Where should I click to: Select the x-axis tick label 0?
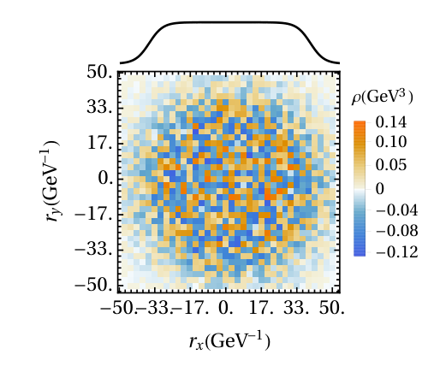pos(226,308)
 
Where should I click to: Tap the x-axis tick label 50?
pos(332,308)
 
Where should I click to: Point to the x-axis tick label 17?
pos(261,308)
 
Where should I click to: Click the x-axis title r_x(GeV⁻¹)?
pos(229,340)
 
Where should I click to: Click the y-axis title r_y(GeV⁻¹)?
pos(50,181)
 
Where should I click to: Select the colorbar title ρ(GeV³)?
pos(383,97)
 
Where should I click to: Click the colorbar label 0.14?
pos(391,122)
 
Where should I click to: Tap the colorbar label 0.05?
pos(391,165)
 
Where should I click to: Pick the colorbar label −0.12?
pos(397,252)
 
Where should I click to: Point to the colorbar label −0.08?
pos(397,231)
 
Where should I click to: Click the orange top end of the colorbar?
pos(360,122)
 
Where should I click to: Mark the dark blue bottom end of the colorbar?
pos(360,254)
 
